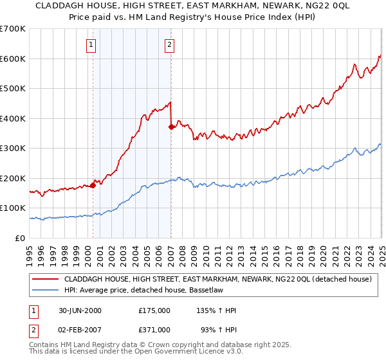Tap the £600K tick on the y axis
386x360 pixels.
pyautogui.click(x=13, y=59)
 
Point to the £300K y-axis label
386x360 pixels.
pyautogui.click(x=13, y=148)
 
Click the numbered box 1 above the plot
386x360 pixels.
pyautogui.click(x=91, y=45)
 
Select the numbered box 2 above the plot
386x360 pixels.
pyautogui.click(x=169, y=45)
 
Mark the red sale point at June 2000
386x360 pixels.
pyautogui.click(x=93, y=185)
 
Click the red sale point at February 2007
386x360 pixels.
pyautogui.click(x=171, y=127)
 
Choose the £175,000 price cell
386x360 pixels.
pyautogui.click(x=154, y=310)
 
